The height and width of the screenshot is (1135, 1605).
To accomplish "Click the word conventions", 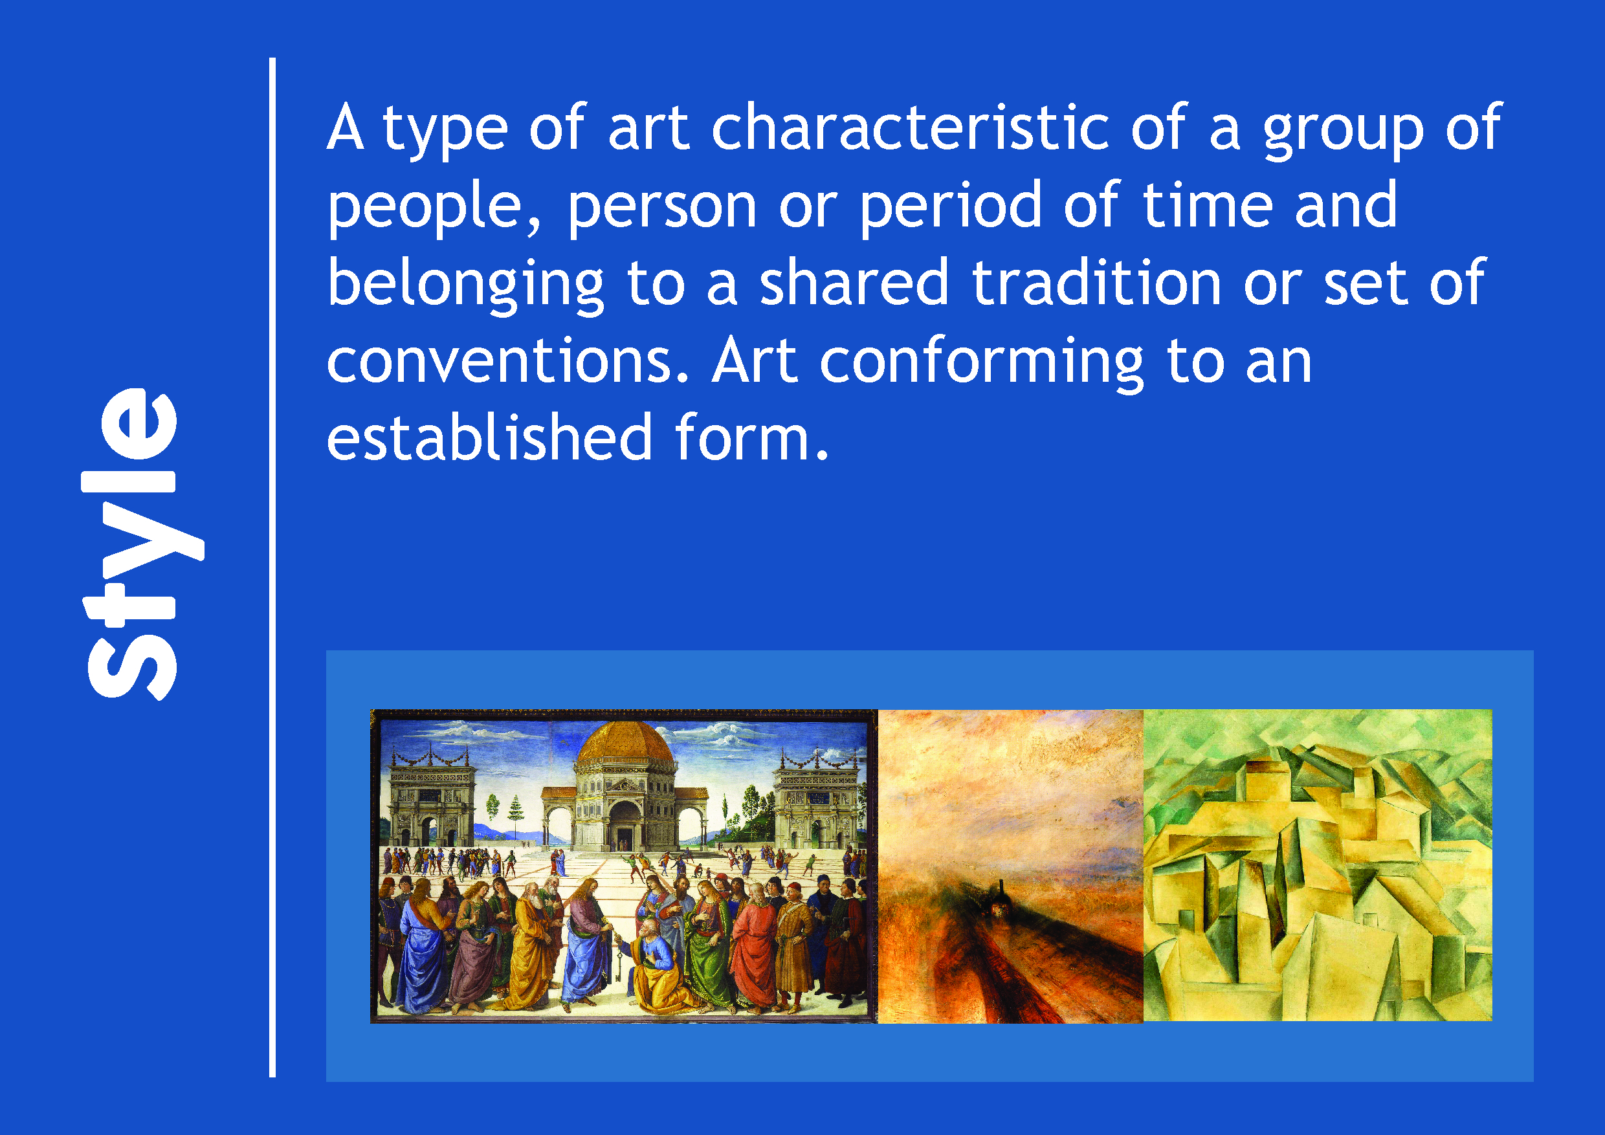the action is coord(508,360).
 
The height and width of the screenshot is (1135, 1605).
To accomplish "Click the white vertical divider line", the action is coord(272,567).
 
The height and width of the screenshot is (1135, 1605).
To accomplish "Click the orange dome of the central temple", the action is coord(626,743).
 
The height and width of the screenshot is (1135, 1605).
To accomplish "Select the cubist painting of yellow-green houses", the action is coord(1318,865).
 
